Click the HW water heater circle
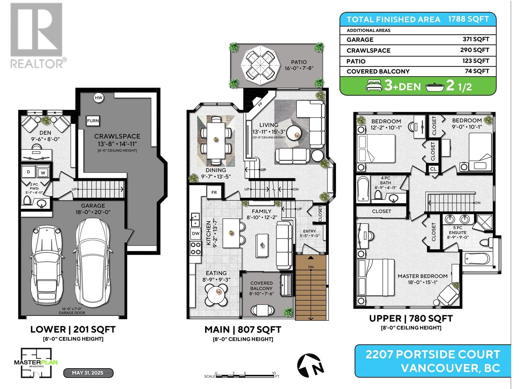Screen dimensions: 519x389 [x=98, y=98]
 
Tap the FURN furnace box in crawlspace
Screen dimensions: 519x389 [x=93, y=121]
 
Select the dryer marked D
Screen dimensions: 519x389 [x=28, y=172]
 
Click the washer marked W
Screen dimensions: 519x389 [x=43, y=172]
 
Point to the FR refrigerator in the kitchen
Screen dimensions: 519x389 [x=214, y=193]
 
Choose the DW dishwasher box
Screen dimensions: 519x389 [x=196, y=234]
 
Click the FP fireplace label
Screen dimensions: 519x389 [x=260, y=104]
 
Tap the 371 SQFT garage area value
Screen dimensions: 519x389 [x=476, y=39]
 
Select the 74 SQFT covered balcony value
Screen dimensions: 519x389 [x=477, y=71]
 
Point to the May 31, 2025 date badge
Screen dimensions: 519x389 [x=88, y=373]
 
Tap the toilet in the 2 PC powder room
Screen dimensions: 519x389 [x=27, y=201]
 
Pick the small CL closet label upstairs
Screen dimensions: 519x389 [x=433, y=169]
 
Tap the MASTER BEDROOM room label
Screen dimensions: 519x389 [x=423, y=276]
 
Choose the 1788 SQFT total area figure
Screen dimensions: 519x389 [x=468, y=19]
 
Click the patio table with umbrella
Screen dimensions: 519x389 [x=260, y=65]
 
